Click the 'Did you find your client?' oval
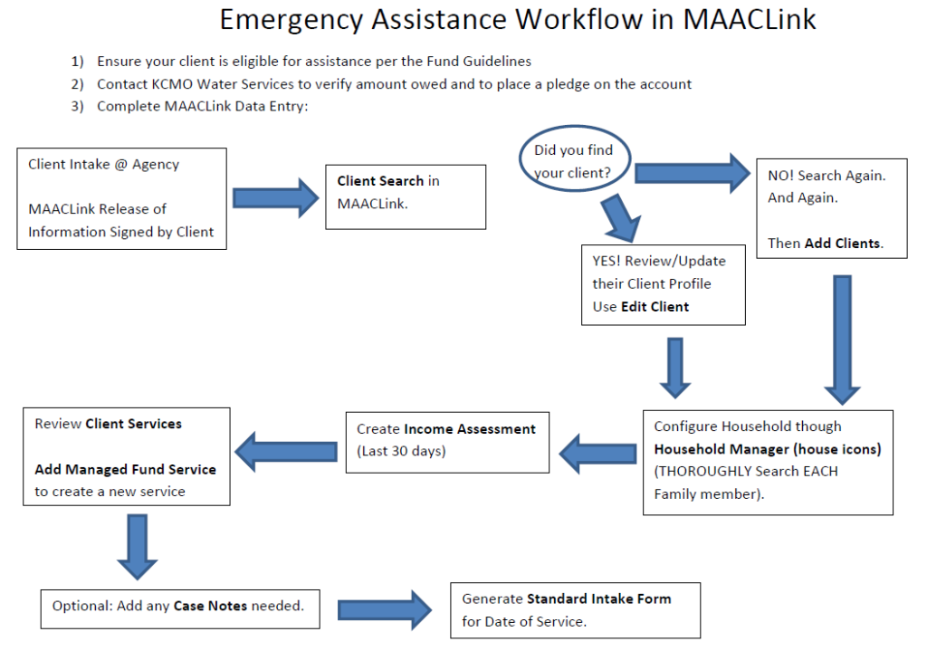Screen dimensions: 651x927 click(573, 162)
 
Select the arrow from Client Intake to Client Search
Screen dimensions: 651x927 click(272, 198)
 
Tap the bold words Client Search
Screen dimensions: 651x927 click(380, 181)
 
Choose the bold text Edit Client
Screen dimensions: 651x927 click(655, 307)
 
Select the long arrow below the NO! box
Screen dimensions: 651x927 click(841, 339)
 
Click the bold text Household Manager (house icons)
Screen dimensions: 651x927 click(768, 449)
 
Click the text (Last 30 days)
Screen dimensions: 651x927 click(401, 451)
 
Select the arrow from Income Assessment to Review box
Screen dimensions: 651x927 click(286, 449)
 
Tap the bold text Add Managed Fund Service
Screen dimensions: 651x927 click(125, 469)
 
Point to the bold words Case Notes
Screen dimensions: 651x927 click(209, 606)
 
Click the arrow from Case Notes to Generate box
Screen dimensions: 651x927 click(386, 609)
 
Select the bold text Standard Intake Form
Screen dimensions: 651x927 click(598, 598)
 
